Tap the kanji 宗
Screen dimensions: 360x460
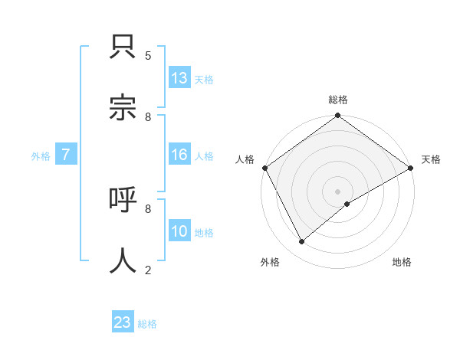(123, 106)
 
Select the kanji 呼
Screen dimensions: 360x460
(123, 201)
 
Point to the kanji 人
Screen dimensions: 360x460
(123, 259)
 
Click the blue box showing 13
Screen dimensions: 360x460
(179, 77)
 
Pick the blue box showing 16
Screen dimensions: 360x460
(179, 155)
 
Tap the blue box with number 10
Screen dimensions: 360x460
(179, 231)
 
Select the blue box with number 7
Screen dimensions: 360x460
(66, 155)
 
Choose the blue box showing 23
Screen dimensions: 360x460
(123, 322)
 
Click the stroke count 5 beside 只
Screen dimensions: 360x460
(148, 55)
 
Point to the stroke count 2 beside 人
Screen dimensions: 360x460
(148, 269)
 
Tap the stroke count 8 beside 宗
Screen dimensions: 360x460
(148, 116)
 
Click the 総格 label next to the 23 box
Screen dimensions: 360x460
(147, 324)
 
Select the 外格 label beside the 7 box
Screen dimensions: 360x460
(41, 156)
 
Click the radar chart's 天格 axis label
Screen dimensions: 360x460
(431, 159)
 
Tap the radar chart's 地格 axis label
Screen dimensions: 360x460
(402, 262)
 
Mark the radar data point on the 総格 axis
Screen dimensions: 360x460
(338, 116)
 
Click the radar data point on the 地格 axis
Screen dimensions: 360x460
(347, 204)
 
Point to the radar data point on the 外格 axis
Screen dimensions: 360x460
(302, 241)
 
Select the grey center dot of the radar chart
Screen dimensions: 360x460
(338, 191)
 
